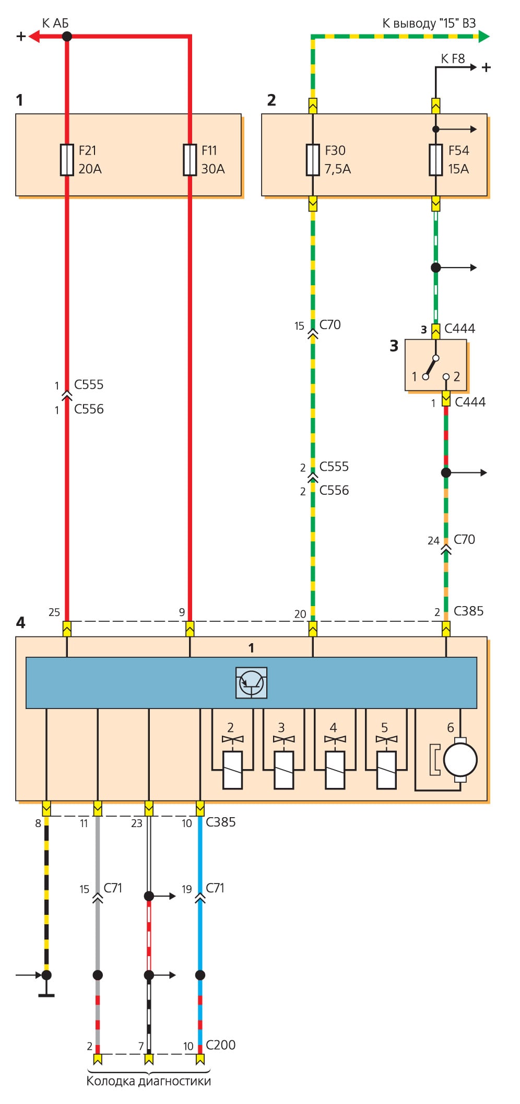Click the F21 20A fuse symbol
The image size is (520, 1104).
67,159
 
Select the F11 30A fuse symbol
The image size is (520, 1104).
190,159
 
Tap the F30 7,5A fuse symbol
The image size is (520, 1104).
312,159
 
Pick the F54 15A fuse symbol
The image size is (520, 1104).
435,159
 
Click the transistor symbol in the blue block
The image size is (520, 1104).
251,682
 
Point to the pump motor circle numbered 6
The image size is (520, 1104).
460,759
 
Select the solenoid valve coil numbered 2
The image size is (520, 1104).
232,770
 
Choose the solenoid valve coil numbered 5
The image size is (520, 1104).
386,770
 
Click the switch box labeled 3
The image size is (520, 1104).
435,365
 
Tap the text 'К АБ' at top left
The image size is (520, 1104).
55,24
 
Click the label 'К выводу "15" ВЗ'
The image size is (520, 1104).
429,24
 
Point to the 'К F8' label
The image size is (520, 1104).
453,59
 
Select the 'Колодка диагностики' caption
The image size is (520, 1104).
148,1081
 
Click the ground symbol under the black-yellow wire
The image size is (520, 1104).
46,995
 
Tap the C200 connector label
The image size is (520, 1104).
220,1044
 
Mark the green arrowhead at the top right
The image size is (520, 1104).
483,36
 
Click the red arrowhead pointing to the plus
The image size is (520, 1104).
34,36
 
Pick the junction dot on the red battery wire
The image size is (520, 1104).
67,36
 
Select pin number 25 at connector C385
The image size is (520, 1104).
54,612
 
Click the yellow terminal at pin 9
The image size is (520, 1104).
190,629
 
